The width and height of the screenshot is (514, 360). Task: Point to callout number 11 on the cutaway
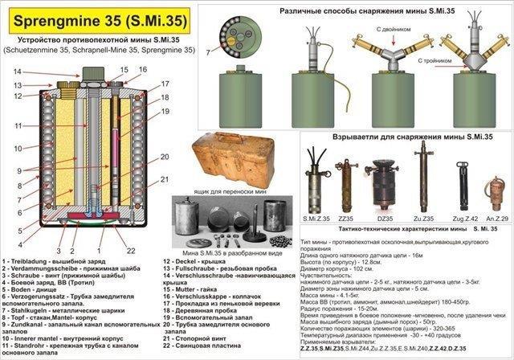point(18,126)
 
